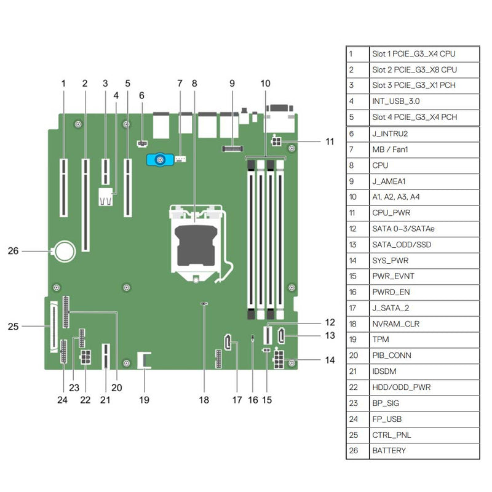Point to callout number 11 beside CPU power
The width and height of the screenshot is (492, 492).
(330, 141)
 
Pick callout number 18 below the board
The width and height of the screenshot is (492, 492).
(204, 400)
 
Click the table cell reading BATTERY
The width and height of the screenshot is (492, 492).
(389, 451)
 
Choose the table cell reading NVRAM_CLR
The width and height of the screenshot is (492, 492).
(393, 323)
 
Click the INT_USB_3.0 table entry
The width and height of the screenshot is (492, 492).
(396, 101)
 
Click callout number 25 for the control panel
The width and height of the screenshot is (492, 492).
(13, 327)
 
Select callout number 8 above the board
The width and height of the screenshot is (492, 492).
(195, 82)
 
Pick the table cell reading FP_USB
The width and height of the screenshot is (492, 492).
(387, 419)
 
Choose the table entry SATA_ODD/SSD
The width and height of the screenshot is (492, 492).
(397, 244)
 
